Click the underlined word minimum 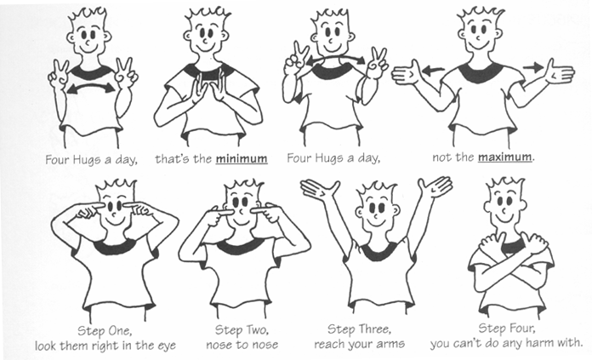[x=242, y=158]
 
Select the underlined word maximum [x=507, y=158]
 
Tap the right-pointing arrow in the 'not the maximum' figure [x=533, y=66]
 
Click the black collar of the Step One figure [x=111, y=247]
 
